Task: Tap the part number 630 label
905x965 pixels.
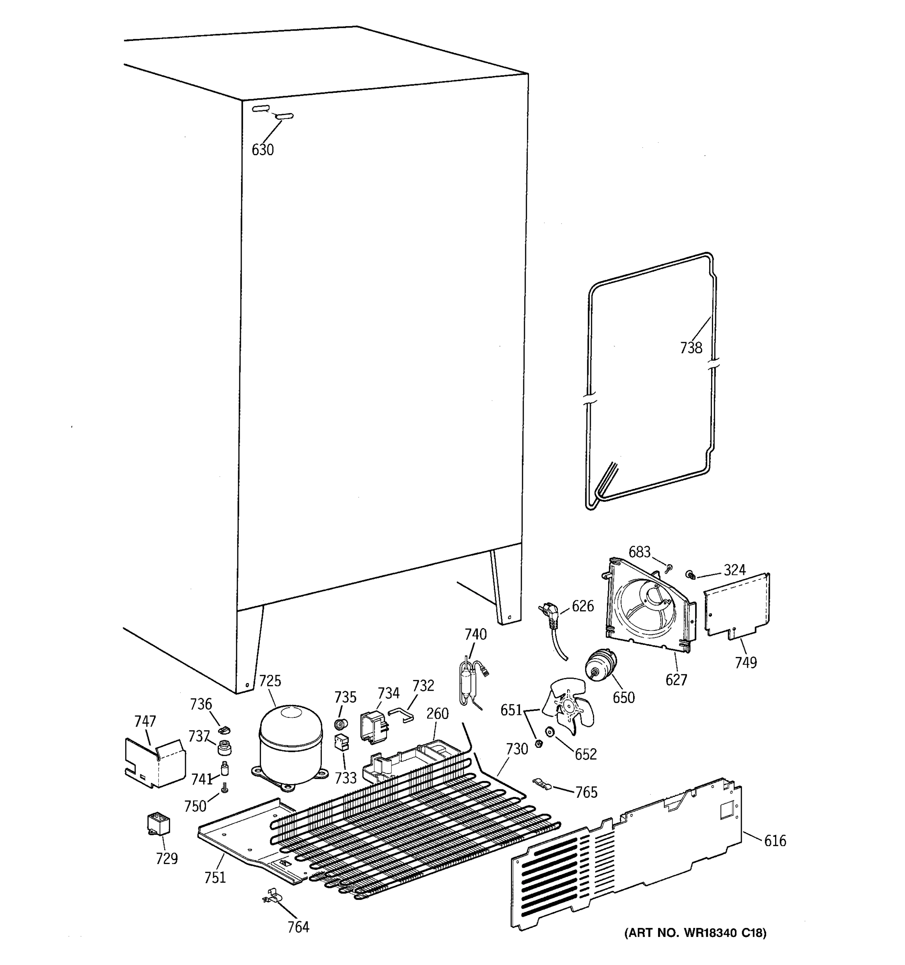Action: [263, 150]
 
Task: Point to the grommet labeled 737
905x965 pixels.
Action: [224, 747]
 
